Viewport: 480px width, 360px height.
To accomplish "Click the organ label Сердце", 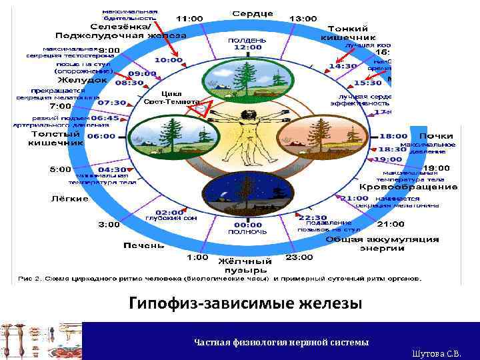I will click(x=252, y=13).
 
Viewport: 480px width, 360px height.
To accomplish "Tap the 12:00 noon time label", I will click(x=247, y=48).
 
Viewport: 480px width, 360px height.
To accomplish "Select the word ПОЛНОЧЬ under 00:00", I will click(x=247, y=232).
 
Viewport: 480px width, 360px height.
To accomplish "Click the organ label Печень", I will click(x=143, y=245).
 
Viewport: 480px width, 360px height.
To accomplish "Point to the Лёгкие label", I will click(x=70, y=199).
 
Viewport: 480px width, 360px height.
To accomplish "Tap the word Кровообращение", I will click(x=417, y=187).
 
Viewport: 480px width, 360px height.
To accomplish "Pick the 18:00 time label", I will click(x=393, y=136).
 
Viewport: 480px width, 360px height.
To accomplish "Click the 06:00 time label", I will click(x=101, y=136).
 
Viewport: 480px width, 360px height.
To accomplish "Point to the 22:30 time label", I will click(x=312, y=217).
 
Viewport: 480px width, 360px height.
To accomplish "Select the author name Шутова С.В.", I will click(x=441, y=353).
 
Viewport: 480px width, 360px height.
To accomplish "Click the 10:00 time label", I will click(x=169, y=60).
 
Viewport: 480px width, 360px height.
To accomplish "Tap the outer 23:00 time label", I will click(x=299, y=257).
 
